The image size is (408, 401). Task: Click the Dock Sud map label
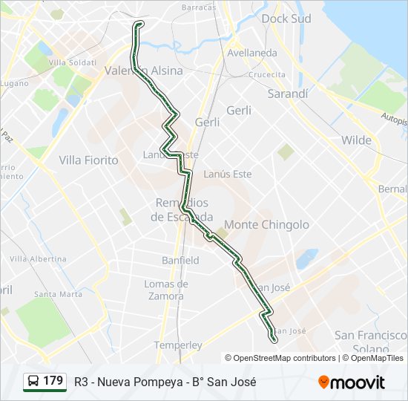click(286, 19)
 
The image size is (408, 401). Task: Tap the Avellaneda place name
click(252, 53)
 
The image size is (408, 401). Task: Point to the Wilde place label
click(356, 140)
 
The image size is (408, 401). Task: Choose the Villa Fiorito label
click(88, 160)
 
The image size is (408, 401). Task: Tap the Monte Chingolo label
click(266, 224)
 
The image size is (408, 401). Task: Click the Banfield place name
click(180, 261)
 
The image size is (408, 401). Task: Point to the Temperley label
click(178, 345)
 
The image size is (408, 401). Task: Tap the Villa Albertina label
click(38, 259)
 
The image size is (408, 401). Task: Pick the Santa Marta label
click(58, 294)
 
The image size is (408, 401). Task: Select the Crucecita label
click(267, 75)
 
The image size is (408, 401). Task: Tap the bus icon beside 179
click(33, 382)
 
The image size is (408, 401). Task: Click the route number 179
click(53, 381)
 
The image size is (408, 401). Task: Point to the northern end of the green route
click(139, 24)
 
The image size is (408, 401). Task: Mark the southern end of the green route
click(274, 340)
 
